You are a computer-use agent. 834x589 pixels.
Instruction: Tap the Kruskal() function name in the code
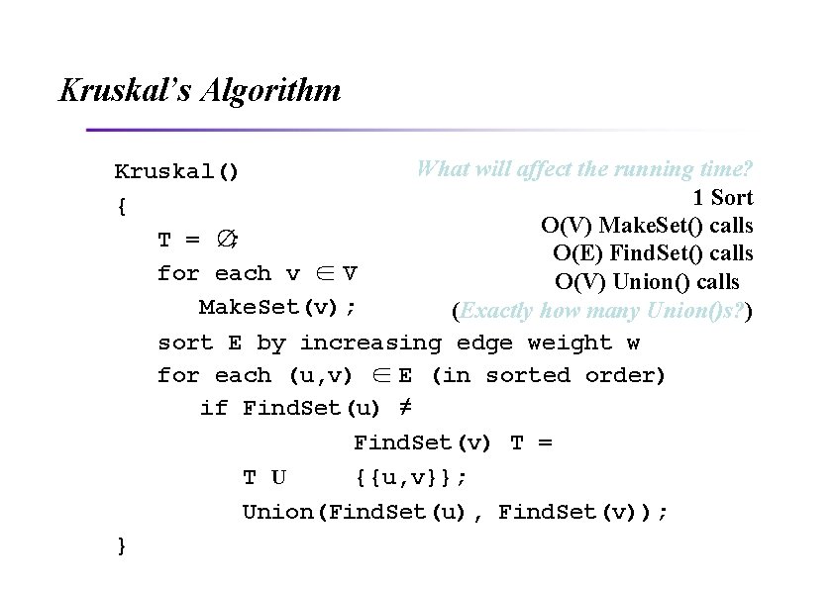click(x=176, y=171)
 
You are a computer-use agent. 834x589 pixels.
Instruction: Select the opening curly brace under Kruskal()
click(x=121, y=206)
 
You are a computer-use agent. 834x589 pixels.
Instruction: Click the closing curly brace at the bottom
click(x=121, y=544)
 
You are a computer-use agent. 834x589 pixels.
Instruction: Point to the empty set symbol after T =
click(x=227, y=240)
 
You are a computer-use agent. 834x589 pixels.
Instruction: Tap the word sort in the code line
click(x=185, y=344)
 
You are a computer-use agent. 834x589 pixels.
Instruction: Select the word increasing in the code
click(x=370, y=344)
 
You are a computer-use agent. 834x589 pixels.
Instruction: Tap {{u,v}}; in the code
click(x=410, y=478)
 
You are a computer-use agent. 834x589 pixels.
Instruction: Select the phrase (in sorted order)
click(x=549, y=376)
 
